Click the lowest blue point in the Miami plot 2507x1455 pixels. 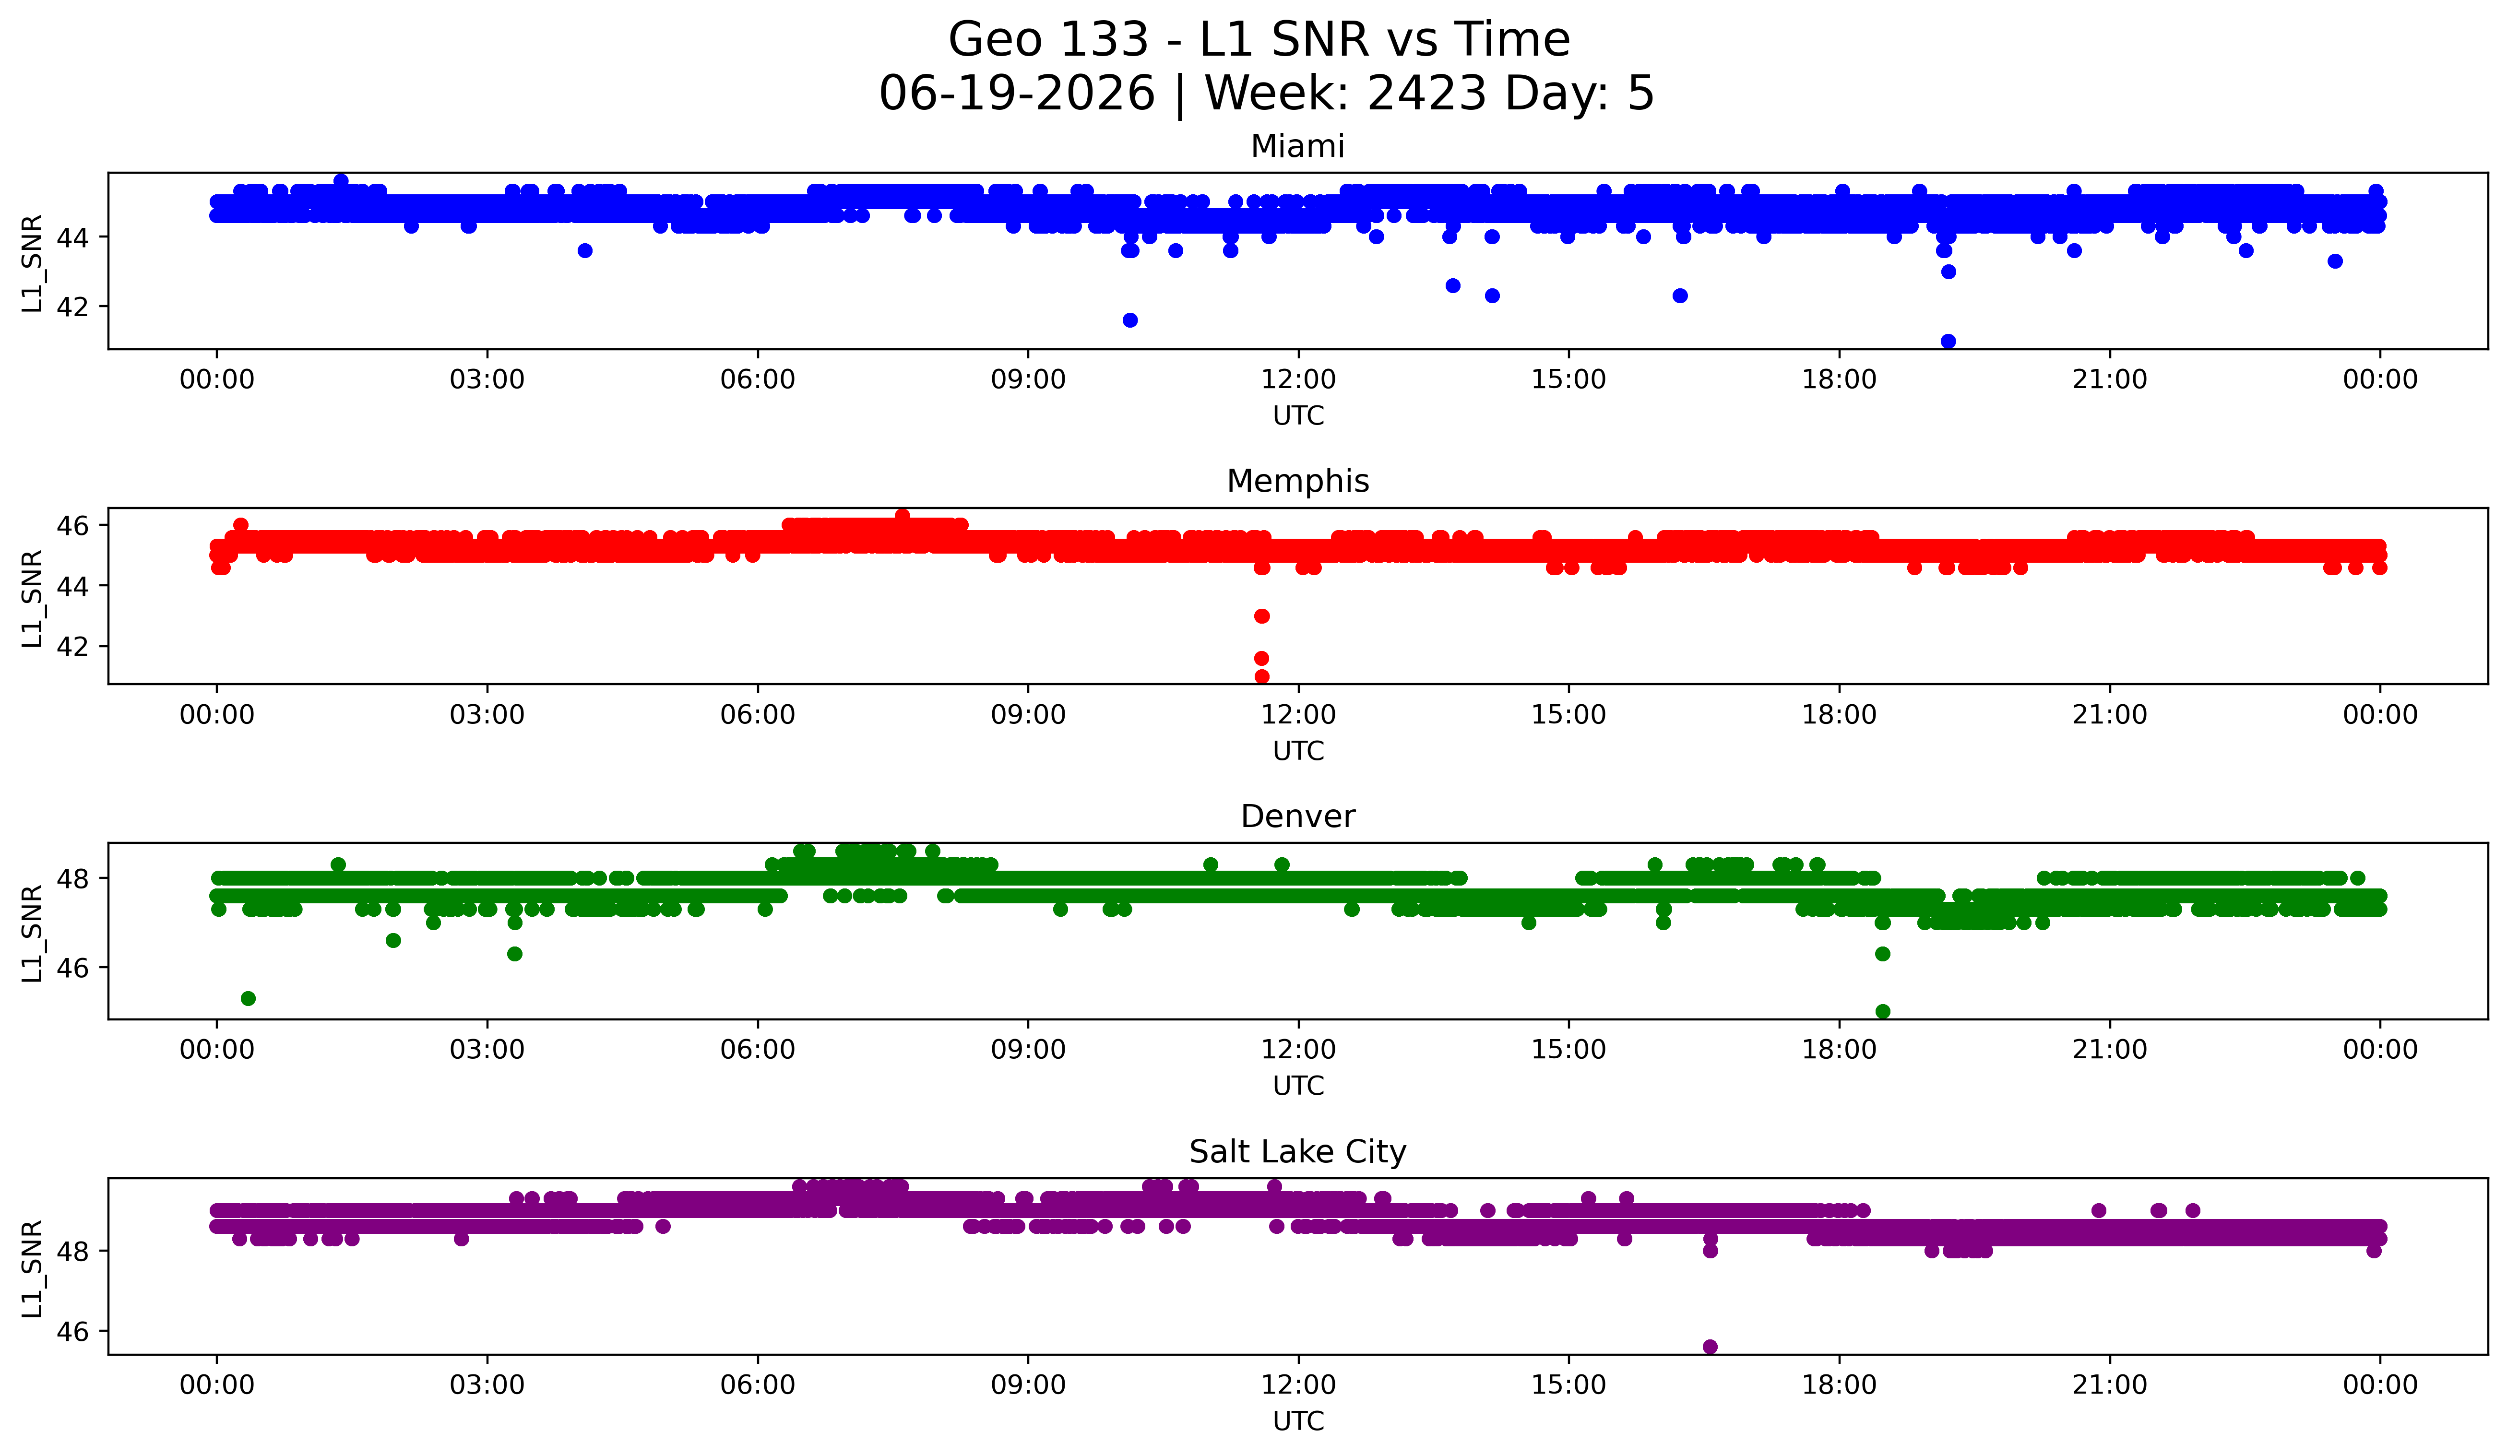point(1948,341)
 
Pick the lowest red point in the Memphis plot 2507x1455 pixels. point(1261,676)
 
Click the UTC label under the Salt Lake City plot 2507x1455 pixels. point(1298,1421)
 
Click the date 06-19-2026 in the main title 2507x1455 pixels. point(1017,94)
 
